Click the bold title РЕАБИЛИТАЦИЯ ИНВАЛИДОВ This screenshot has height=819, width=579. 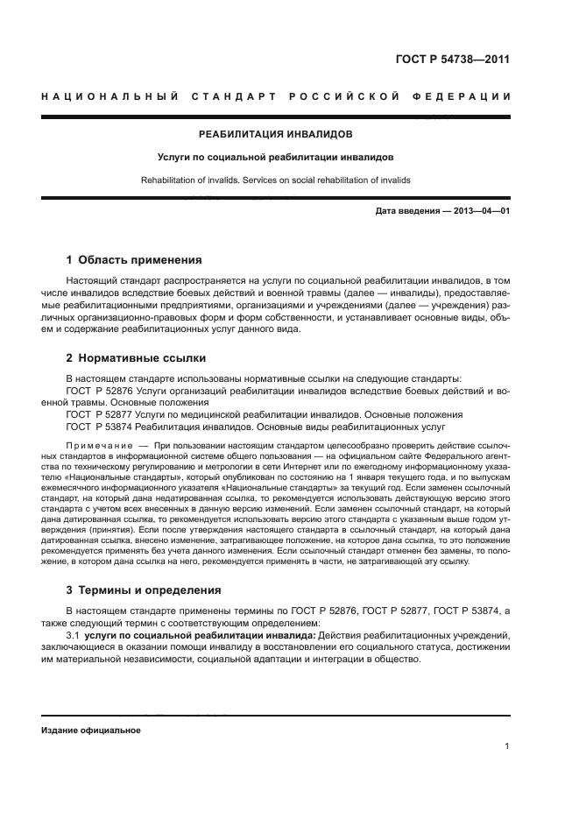point(276,135)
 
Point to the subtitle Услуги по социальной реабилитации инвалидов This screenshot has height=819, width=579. point(276,158)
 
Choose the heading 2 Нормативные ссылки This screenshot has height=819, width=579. point(137,358)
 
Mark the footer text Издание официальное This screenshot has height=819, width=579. point(90,730)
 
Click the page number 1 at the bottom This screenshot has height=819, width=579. point(507,746)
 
